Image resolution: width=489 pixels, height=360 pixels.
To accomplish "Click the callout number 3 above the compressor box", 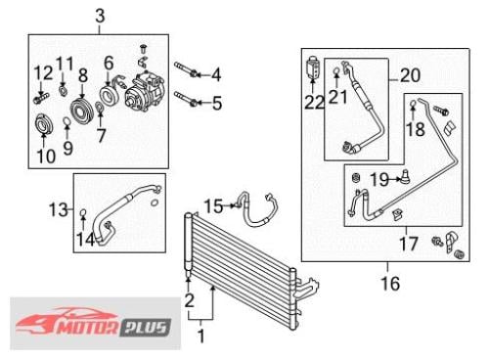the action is pyautogui.click(x=100, y=16).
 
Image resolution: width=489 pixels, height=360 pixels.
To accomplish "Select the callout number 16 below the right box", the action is pyautogui.click(x=390, y=283).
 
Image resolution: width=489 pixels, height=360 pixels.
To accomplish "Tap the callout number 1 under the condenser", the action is pyautogui.click(x=201, y=336).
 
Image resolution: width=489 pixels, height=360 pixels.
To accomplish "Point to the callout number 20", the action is pyautogui.click(x=410, y=75).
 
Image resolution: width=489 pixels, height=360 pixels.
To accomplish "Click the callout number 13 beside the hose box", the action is pyautogui.click(x=59, y=209).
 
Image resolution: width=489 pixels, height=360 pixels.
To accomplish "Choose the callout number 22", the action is pyautogui.click(x=314, y=103).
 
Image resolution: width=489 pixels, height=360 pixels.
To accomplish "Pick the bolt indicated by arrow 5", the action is pyautogui.click(x=186, y=99).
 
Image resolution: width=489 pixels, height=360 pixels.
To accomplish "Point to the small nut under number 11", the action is pyautogui.click(x=63, y=90).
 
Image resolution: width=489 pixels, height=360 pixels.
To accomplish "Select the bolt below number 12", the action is pyautogui.click(x=41, y=99).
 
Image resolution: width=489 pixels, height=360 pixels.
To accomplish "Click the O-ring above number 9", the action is pyautogui.click(x=67, y=122).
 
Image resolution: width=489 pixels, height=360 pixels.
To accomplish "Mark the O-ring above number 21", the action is pyautogui.click(x=336, y=70).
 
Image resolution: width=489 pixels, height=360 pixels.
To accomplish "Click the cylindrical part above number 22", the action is pyautogui.click(x=312, y=67).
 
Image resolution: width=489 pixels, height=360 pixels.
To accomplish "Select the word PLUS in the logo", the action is pyautogui.click(x=147, y=328).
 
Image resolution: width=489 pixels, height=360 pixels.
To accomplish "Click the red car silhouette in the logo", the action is pyautogui.click(x=66, y=321).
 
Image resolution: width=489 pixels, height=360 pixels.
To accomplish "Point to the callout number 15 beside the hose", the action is pyautogui.click(x=213, y=206).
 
